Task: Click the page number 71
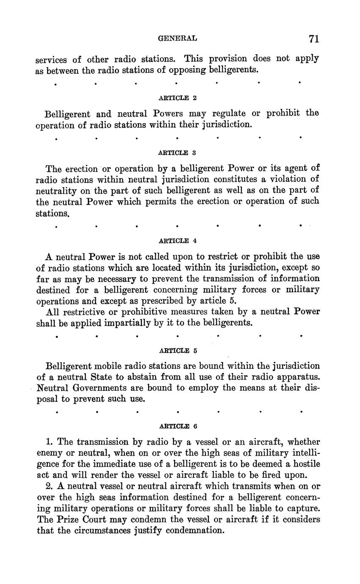point(313,39)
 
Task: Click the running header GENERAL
point(177,39)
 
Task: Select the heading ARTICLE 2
point(177,98)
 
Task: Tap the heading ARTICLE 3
point(177,152)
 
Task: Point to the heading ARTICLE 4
point(177,241)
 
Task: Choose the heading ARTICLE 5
point(177,351)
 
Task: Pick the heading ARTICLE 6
point(177,426)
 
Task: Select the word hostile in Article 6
point(304,464)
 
